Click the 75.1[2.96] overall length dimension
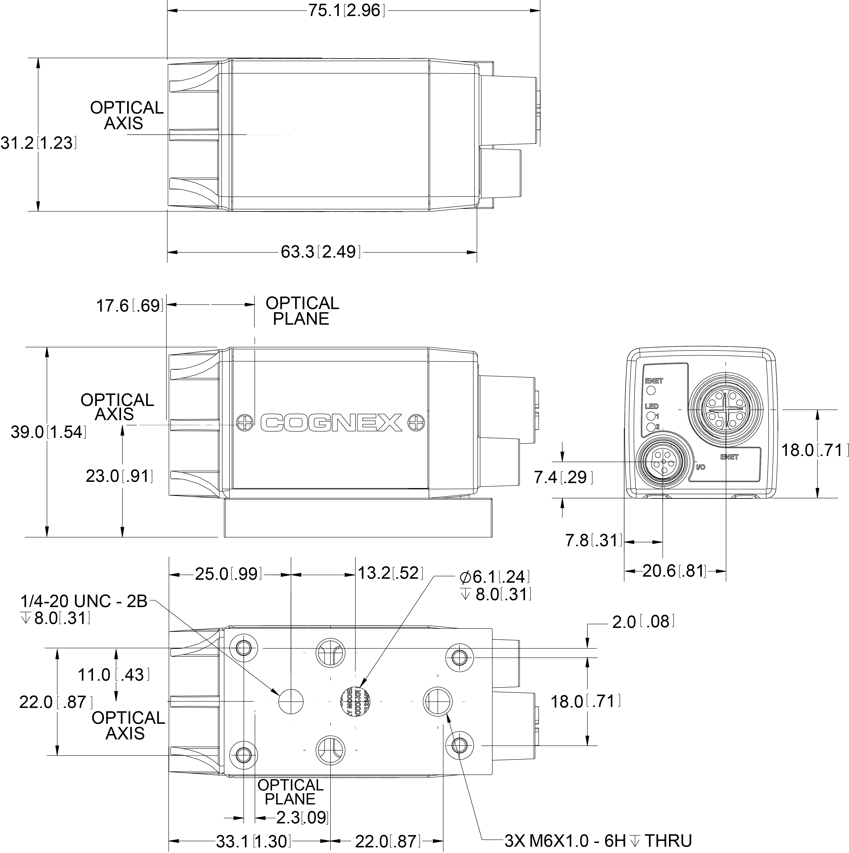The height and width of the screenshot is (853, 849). click(346, 11)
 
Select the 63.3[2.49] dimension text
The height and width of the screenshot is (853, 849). click(320, 252)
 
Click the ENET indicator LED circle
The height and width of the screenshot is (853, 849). click(651, 390)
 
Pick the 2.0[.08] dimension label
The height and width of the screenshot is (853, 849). click(643, 622)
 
